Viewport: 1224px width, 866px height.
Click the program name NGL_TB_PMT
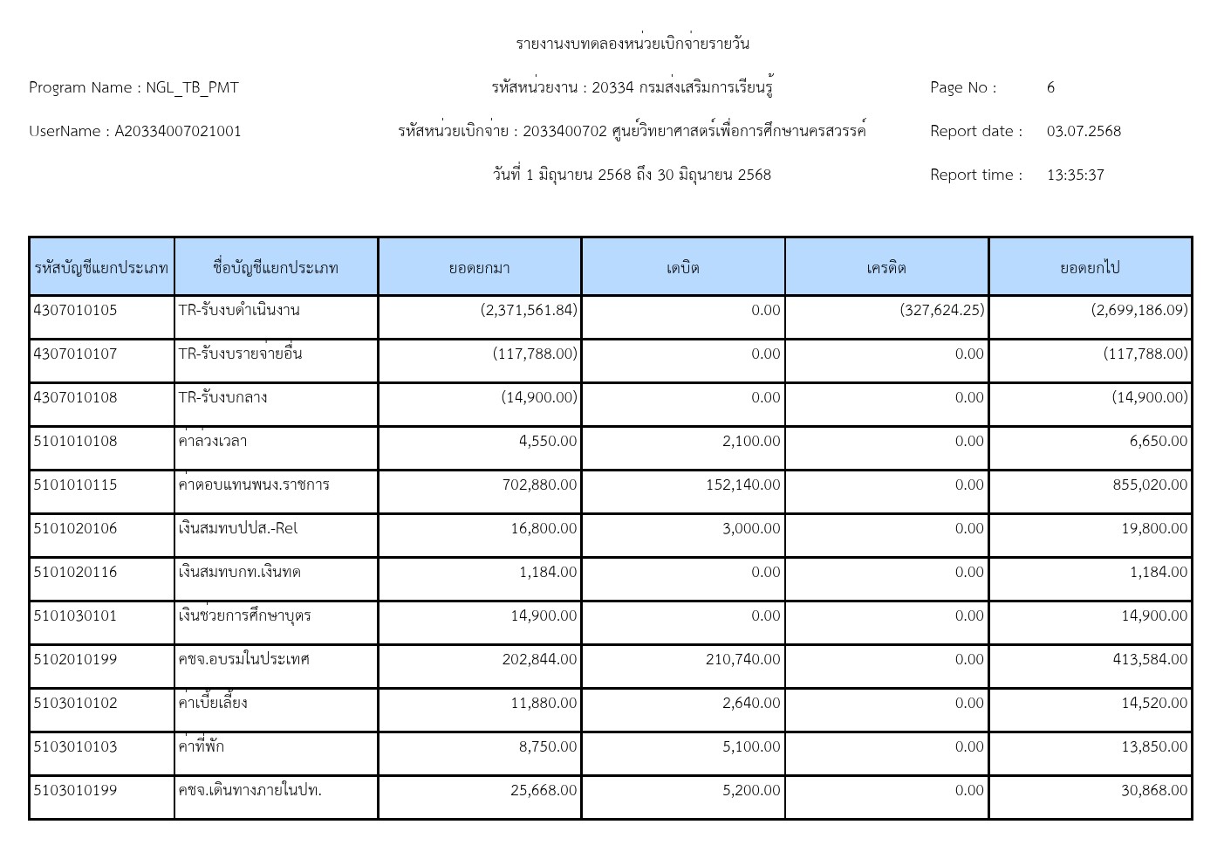[191, 87]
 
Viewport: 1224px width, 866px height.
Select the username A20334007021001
[178, 131]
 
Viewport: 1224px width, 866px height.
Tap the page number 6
[1050, 87]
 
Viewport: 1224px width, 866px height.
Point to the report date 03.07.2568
[1084, 131]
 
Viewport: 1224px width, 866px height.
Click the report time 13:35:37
[1075, 175]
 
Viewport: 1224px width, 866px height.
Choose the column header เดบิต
[682, 267]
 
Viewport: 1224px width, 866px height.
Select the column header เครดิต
[886, 267]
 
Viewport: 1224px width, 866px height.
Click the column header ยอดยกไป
[1090, 267]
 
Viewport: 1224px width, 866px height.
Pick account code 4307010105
[75, 310]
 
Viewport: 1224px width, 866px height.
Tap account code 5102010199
[75, 659]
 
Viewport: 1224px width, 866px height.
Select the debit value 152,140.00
[742, 485]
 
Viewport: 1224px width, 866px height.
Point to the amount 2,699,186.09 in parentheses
[1139, 310]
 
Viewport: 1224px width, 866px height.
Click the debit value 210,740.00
[742, 659]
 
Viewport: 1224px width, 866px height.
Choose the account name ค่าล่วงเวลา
[213, 441]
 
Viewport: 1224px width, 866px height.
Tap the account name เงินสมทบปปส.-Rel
[238, 528]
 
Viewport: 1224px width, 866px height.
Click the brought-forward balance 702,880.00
[539, 485]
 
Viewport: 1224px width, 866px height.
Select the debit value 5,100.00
[751, 746]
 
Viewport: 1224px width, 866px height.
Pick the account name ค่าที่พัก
[202, 746]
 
